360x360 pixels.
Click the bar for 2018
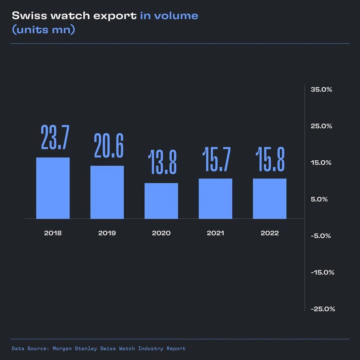coord(53,188)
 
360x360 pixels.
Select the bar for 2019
coord(107,192)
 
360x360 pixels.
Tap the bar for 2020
coord(161,201)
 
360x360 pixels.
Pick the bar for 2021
coord(215,198)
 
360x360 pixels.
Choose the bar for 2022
coord(270,198)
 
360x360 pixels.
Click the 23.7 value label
coord(55,138)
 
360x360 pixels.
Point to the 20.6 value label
coord(109,146)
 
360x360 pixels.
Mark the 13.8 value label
coord(162,162)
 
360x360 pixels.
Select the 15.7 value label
coord(217,159)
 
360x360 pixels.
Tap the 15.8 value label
coord(270,159)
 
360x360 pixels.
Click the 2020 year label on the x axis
coord(161,233)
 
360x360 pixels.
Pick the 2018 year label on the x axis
coord(53,233)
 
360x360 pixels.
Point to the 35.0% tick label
coord(321,90)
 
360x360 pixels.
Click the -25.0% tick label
coord(322,309)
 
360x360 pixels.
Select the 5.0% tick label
coord(319,199)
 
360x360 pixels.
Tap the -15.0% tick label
coord(322,272)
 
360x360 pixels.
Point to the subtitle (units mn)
coord(43,30)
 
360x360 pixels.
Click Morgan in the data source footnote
coord(63,348)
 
